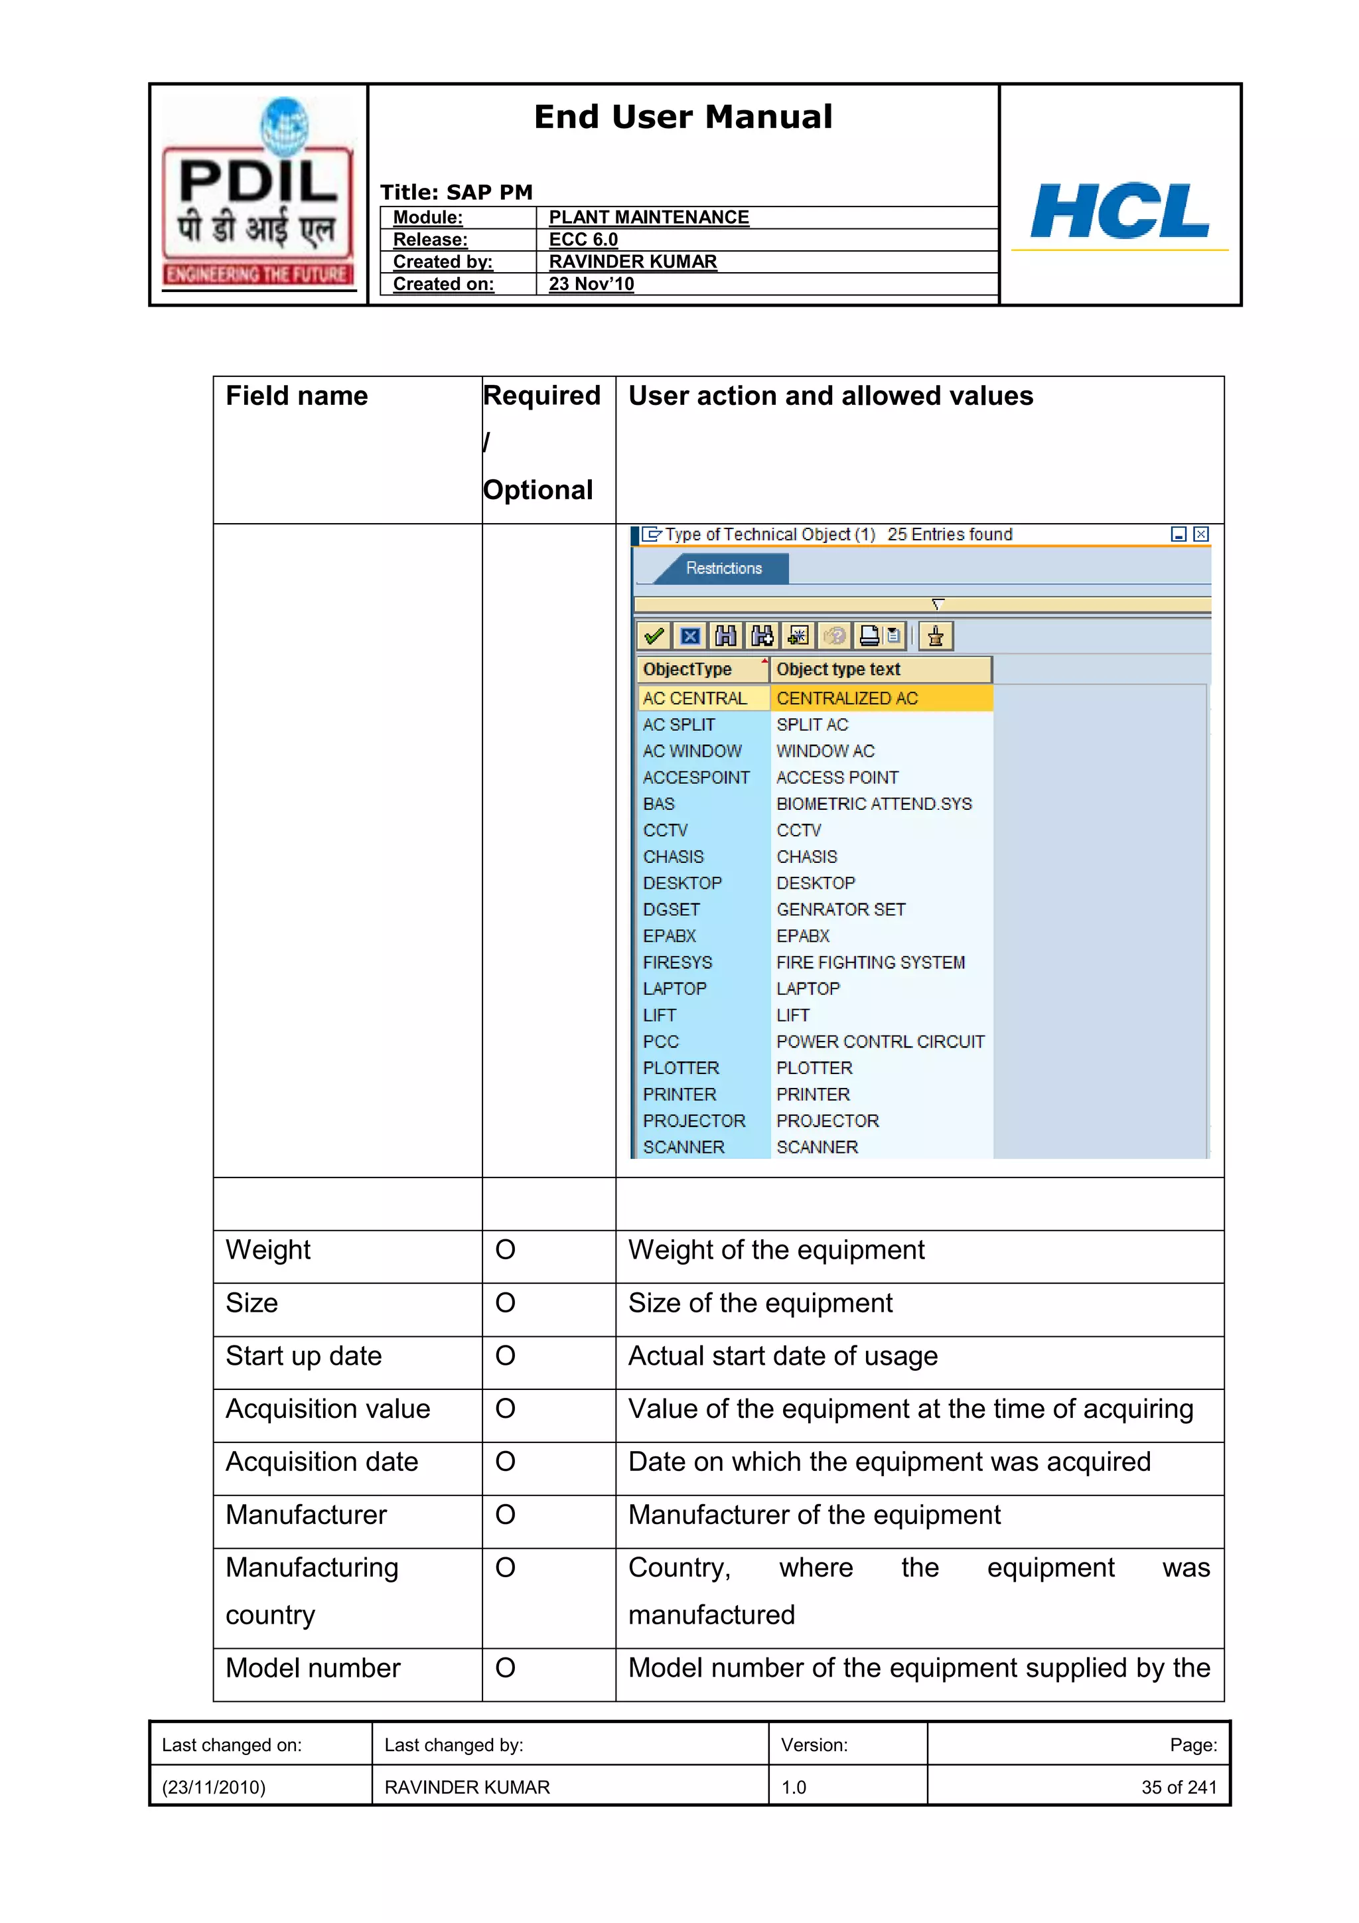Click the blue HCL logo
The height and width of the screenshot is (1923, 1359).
click(1119, 211)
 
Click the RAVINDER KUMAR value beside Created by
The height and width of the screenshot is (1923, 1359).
click(632, 262)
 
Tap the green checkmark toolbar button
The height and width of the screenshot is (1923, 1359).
click(654, 637)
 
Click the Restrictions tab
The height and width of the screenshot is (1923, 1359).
click(723, 569)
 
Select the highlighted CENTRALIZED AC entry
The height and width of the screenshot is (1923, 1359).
click(847, 698)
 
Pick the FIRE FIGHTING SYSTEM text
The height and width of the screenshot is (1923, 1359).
click(870, 963)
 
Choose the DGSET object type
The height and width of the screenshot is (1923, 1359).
click(671, 909)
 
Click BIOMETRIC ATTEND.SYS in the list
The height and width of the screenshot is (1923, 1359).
click(873, 804)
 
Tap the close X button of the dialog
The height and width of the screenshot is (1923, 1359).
click(1201, 534)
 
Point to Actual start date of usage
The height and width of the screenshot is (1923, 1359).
click(782, 1356)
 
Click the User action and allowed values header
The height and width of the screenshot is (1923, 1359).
click(830, 396)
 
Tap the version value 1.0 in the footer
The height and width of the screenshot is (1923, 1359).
click(793, 1788)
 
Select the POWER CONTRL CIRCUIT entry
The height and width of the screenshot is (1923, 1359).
click(879, 1042)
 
